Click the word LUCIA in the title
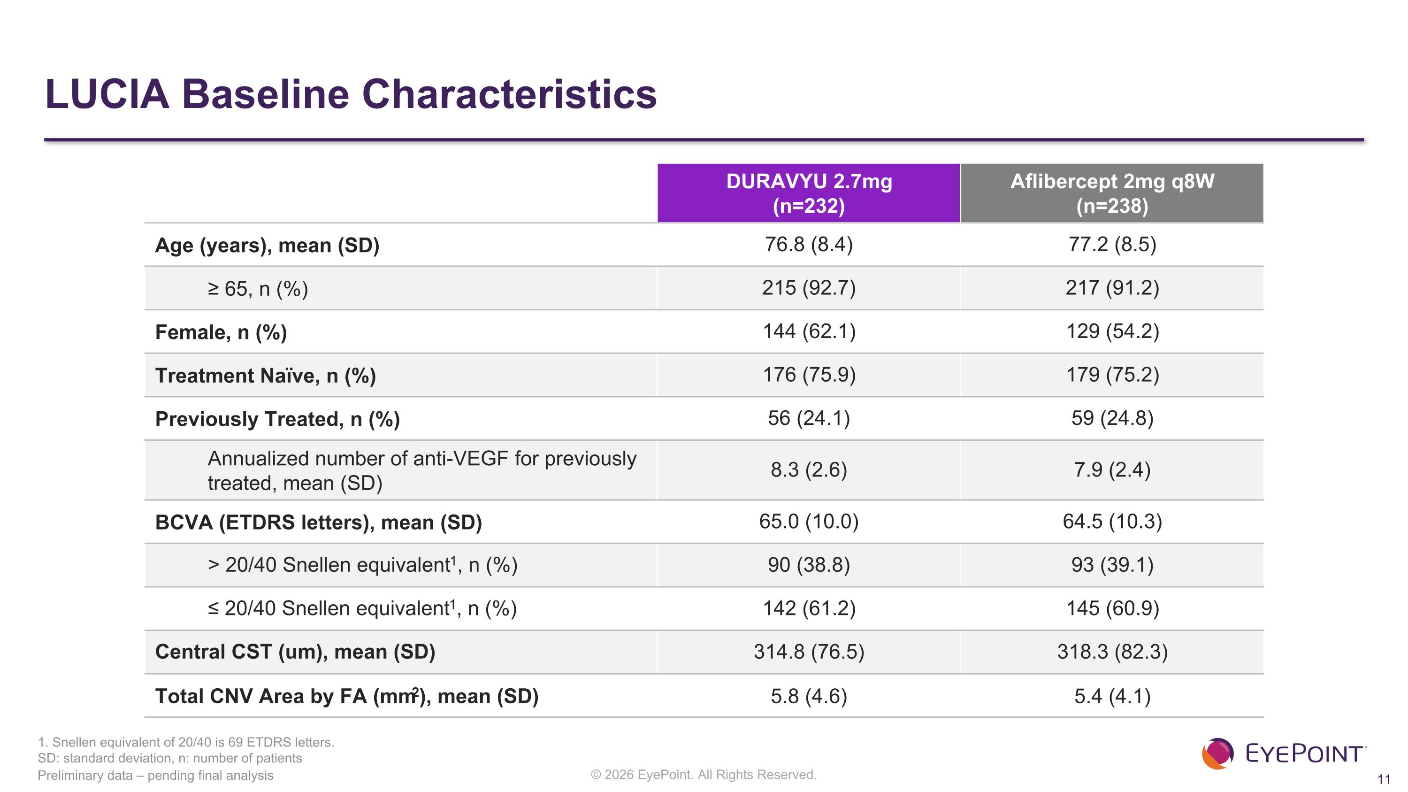tap(107, 94)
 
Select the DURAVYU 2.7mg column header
tap(809, 193)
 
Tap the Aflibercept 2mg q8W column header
tap(1112, 193)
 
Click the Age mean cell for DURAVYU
tap(809, 244)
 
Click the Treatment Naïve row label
tap(266, 376)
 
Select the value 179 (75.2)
tap(1112, 375)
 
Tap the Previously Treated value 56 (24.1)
tap(809, 418)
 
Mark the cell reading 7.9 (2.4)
tap(1112, 469)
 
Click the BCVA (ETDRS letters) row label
tap(319, 523)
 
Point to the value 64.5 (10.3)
tap(1112, 522)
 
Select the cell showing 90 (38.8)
tap(809, 565)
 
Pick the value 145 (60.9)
tap(1112, 608)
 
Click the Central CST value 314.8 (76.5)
tap(809, 652)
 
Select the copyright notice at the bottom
tap(704, 775)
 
